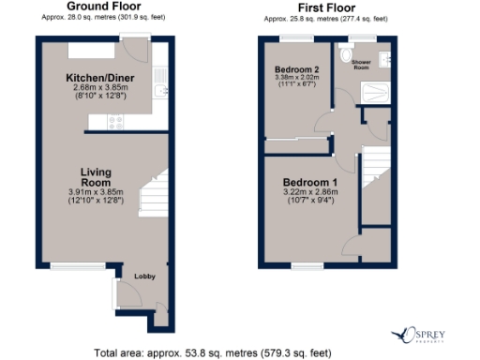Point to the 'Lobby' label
(x=143, y=277)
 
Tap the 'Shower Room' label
(x=361, y=65)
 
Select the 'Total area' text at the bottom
(x=213, y=352)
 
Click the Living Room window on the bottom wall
(x=65, y=265)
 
